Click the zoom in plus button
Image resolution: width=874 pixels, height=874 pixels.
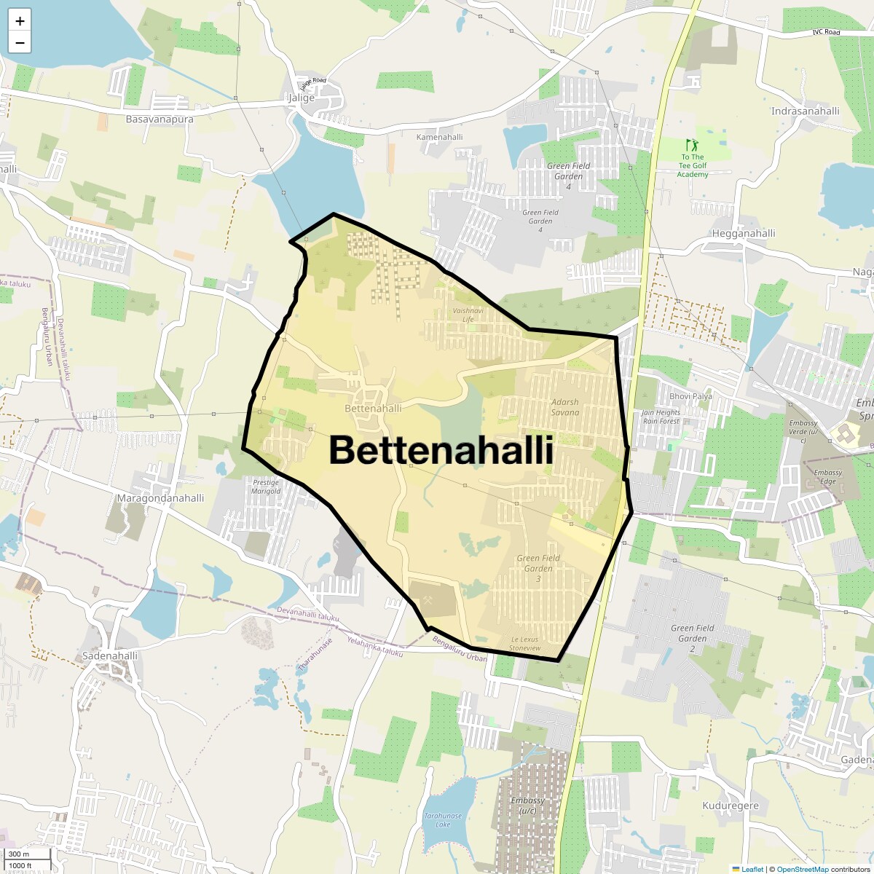click(20, 21)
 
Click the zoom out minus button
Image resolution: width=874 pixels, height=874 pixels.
click(20, 43)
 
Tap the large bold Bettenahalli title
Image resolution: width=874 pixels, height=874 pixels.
click(441, 450)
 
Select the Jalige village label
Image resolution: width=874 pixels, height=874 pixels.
click(302, 98)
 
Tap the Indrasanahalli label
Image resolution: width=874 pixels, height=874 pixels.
click(805, 111)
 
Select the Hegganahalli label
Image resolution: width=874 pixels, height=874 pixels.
click(743, 233)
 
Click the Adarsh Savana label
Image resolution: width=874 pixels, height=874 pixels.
click(565, 407)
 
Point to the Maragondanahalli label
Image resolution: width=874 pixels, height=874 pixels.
click(160, 498)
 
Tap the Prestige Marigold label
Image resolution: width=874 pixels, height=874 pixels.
click(266, 487)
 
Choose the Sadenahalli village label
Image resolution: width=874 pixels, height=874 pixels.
click(110, 655)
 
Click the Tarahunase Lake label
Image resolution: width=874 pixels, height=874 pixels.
click(443, 820)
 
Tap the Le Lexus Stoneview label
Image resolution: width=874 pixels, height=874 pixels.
click(525, 644)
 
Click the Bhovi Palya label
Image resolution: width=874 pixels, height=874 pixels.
click(690, 396)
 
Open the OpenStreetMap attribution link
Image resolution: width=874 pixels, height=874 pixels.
click(802, 869)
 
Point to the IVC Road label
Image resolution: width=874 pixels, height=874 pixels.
click(826, 33)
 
